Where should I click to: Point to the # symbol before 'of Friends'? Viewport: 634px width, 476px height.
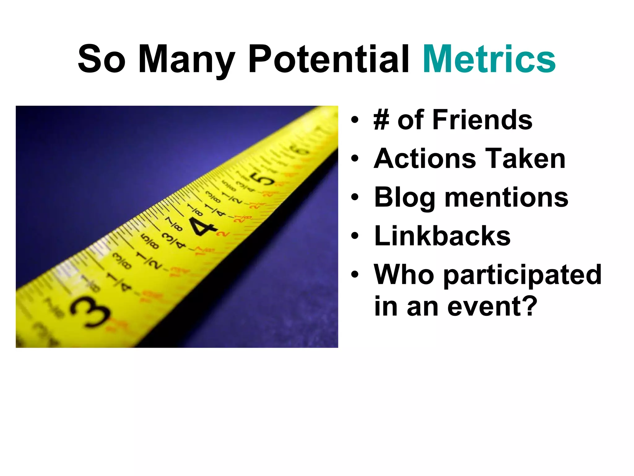coord(381,120)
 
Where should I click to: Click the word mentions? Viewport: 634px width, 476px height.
coord(506,198)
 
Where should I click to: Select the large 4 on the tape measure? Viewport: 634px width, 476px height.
coord(202,226)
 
